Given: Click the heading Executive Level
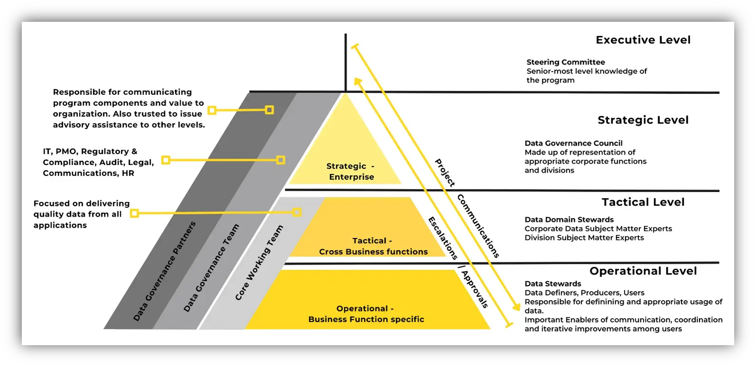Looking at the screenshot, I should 643,40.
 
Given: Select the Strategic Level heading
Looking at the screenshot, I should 643,120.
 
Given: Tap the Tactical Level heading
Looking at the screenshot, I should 643,202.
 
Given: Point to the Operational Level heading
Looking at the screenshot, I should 643,271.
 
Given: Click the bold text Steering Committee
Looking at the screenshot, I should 565,62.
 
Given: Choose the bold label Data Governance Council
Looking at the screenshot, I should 573,143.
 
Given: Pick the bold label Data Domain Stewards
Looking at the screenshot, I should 569,220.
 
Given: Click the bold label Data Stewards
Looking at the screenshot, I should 553,284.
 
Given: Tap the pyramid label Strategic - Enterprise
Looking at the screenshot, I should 350,171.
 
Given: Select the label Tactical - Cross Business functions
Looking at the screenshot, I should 373,246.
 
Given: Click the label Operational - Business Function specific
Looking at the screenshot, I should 366,314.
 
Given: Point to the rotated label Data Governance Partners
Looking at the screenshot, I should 164,271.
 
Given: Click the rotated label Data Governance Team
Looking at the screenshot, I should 211,268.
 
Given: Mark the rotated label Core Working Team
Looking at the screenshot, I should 259,262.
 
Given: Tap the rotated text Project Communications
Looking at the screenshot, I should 467,208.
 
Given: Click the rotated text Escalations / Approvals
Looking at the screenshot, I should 458,262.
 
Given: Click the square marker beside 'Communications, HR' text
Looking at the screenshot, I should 166,160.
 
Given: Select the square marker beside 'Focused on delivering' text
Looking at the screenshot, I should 134,213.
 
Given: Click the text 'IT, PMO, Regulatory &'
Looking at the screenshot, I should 90,151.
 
